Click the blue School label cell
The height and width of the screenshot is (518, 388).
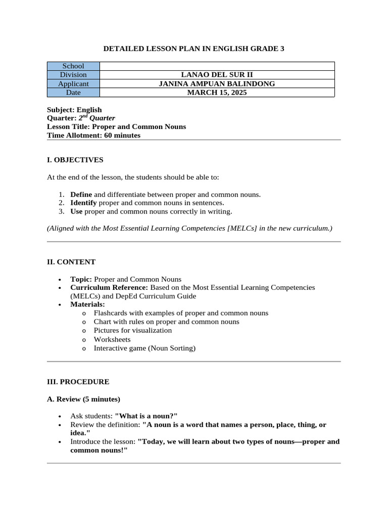(73, 66)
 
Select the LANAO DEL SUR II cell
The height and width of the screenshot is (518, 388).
(217, 75)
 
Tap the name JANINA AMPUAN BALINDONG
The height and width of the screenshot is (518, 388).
(217, 83)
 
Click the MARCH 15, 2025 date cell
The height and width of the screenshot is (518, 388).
(217, 93)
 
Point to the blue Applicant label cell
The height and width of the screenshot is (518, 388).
(73, 83)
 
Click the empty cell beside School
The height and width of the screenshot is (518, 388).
(217, 66)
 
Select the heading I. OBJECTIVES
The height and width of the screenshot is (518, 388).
(75, 160)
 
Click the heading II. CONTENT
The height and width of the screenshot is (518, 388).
(71, 262)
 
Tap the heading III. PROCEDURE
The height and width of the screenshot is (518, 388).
(78, 381)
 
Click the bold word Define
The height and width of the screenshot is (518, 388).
(81, 194)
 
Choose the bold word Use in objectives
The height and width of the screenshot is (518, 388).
(76, 211)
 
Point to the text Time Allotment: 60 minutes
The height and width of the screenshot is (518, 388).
(93, 135)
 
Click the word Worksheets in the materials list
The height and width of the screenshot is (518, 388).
(112, 339)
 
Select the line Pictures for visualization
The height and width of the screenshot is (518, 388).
(133, 330)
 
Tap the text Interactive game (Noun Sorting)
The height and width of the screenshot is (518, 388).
(144, 348)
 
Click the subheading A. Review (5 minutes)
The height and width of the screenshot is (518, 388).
(83, 399)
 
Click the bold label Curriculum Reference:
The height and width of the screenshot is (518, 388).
(109, 287)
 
